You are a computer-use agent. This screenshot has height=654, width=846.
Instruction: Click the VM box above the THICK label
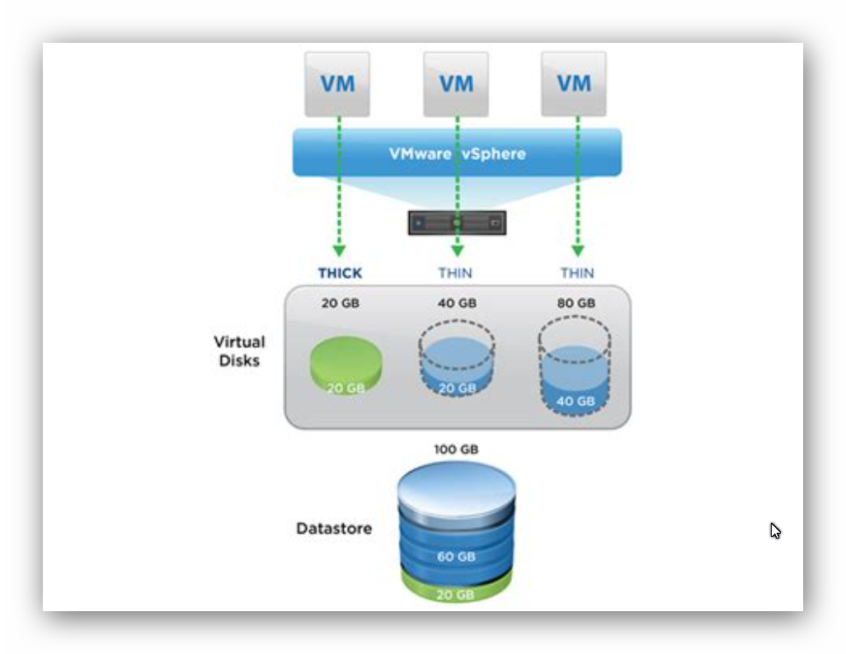click(337, 84)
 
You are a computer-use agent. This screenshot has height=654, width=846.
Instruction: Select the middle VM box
click(456, 84)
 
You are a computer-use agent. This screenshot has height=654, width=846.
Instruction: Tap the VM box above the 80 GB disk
click(574, 83)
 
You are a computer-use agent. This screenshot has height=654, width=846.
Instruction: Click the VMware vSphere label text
click(457, 153)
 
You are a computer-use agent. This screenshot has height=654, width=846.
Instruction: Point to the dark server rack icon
click(457, 223)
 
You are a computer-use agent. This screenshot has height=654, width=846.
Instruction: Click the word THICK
click(340, 273)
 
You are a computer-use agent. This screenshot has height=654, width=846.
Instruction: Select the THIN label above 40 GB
click(455, 273)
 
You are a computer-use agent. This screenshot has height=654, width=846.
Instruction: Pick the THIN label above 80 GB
click(576, 273)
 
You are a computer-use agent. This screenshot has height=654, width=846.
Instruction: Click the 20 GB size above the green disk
click(341, 303)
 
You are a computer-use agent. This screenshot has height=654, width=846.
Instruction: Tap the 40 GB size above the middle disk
click(457, 303)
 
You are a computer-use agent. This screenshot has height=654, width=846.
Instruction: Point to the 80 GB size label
click(576, 303)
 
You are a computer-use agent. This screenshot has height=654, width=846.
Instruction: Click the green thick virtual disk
click(345, 365)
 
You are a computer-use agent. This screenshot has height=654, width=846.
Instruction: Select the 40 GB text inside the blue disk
click(576, 402)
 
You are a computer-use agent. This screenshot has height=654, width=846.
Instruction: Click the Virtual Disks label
click(239, 351)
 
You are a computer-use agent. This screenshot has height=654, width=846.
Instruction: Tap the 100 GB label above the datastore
click(456, 449)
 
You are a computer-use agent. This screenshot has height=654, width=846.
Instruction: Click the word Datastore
click(334, 529)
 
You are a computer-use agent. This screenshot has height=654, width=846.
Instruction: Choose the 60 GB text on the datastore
click(456, 557)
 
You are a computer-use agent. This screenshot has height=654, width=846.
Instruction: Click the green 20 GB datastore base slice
click(456, 590)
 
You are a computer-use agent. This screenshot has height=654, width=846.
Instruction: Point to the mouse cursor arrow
click(775, 531)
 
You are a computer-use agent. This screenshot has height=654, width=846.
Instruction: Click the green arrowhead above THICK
click(339, 251)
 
